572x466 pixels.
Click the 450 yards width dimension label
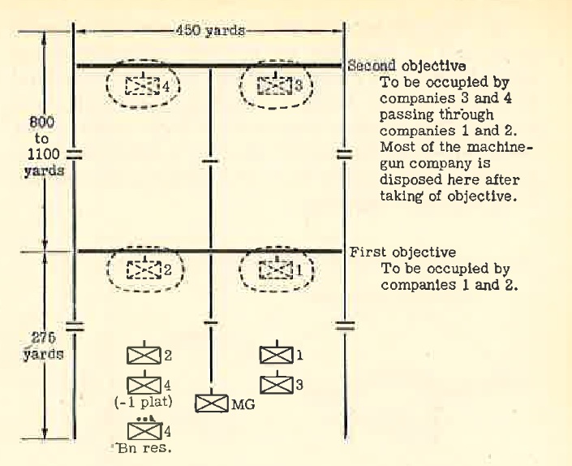(x=210, y=30)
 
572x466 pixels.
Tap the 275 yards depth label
(x=44, y=346)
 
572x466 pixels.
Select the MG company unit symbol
(x=212, y=403)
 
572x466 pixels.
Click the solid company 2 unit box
(x=144, y=356)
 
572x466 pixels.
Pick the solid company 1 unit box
(x=276, y=355)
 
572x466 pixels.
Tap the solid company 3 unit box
(x=276, y=385)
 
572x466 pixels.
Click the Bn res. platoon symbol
(x=144, y=431)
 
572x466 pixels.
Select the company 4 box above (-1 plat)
(x=144, y=386)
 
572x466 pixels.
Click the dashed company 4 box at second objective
(x=143, y=86)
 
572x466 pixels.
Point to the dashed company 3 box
(x=275, y=85)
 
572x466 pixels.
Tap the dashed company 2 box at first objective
(x=144, y=270)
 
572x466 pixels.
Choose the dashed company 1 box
(x=276, y=270)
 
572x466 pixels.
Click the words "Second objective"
(x=406, y=66)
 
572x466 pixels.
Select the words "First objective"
(x=402, y=252)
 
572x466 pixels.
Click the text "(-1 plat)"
(x=144, y=402)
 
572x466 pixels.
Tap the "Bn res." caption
(x=144, y=448)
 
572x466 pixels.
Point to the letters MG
(x=243, y=404)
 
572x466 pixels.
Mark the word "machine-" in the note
(x=500, y=148)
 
